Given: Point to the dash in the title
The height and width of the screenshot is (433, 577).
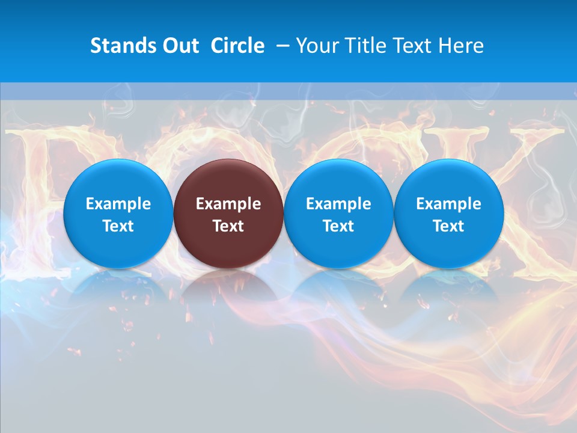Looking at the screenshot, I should pyautogui.click(x=281, y=46).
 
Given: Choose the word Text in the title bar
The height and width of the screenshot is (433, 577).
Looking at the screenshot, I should pyautogui.click(x=413, y=46).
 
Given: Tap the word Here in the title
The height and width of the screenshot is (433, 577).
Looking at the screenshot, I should pyautogui.click(x=461, y=46).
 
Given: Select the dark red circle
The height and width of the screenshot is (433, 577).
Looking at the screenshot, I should pyautogui.click(x=228, y=213).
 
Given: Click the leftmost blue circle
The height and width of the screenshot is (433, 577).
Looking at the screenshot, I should pyautogui.click(x=118, y=213).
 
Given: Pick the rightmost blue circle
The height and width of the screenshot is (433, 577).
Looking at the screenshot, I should pyautogui.click(x=449, y=213).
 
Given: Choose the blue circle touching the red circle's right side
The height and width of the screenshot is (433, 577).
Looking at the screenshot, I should pyautogui.click(x=338, y=213).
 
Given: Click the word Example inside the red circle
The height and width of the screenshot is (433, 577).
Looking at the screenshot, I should pyautogui.click(x=228, y=204).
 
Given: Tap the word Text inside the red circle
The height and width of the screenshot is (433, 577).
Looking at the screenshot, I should pyautogui.click(x=228, y=226).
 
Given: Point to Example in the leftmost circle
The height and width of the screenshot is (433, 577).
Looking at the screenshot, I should pyautogui.click(x=118, y=204).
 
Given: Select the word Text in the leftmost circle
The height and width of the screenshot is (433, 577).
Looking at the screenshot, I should pyautogui.click(x=118, y=226).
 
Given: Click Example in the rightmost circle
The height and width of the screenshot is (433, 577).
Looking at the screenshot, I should pyautogui.click(x=449, y=204).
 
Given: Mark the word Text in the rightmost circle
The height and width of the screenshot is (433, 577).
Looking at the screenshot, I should pyautogui.click(x=449, y=226).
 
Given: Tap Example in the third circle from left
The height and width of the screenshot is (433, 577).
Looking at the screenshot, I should pyautogui.click(x=338, y=204).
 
